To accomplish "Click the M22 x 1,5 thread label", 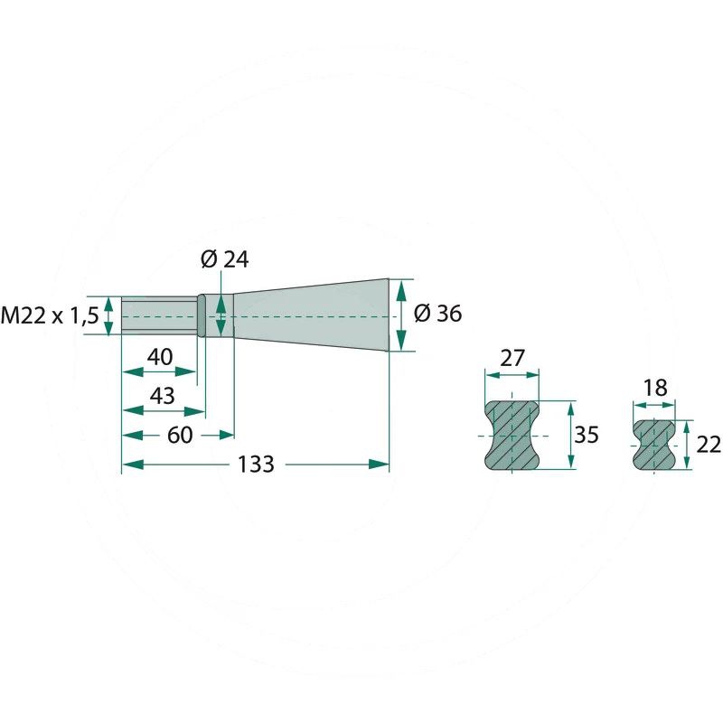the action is (50, 316).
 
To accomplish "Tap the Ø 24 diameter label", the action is (224, 260).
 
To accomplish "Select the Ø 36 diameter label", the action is (437, 314).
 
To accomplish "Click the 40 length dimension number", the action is (160, 357).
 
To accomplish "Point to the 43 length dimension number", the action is (163, 396).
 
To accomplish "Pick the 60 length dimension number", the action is (180, 435).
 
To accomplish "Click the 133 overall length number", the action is (256, 464).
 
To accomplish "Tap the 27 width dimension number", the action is (512, 358).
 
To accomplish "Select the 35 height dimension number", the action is (586, 435).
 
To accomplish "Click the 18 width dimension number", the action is (654, 388).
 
